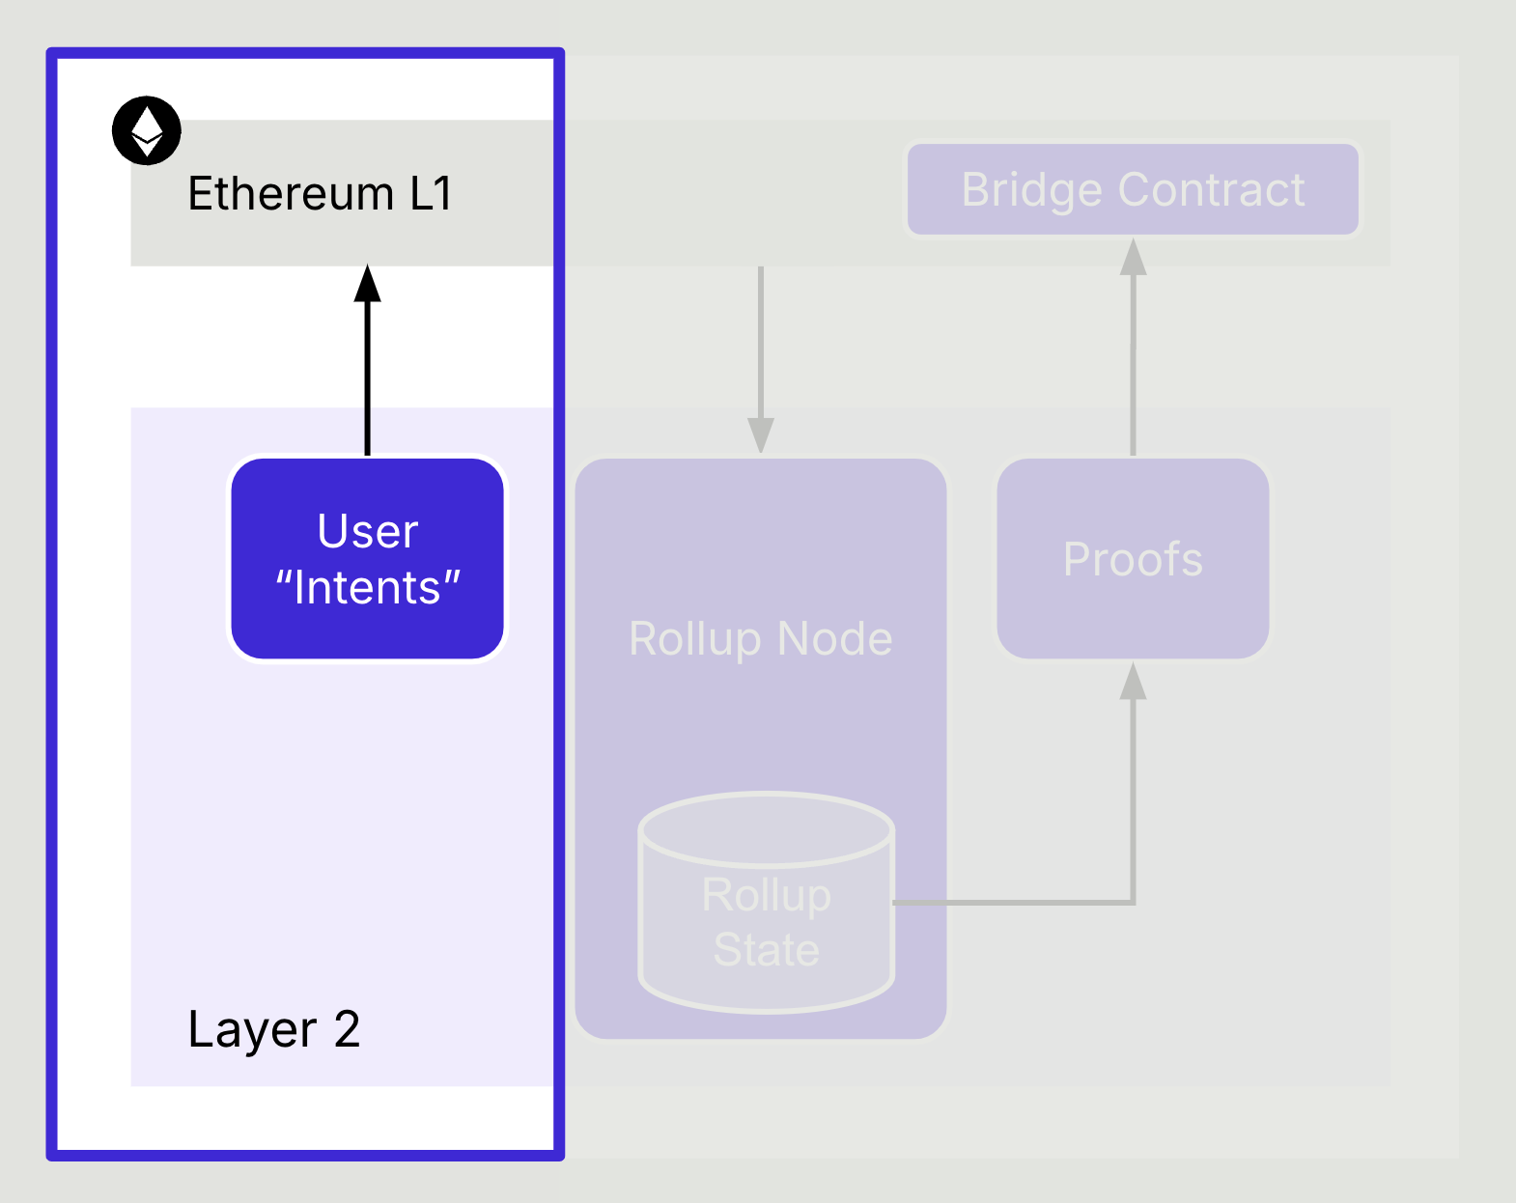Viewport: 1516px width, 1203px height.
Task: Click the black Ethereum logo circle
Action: (147, 130)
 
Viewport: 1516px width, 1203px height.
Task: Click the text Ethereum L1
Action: (320, 193)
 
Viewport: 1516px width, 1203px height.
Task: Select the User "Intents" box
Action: (367, 558)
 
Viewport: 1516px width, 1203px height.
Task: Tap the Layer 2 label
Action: (274, 1030)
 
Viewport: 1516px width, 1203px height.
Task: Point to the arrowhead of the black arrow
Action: (367, 283)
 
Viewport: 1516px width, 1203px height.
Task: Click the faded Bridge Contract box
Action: (1133, 189)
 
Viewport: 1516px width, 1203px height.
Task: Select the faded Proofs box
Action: (1133, 558)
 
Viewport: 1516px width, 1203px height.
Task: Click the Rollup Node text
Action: (761, 639)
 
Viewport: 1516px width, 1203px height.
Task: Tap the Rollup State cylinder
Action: (767, 903)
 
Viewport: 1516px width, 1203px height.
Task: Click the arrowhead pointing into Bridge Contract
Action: (1133, 257)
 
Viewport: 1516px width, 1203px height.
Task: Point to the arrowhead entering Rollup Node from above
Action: (761, 434)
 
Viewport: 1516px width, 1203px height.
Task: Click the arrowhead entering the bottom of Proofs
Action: (1133, 681)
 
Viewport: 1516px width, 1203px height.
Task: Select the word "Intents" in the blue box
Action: (368, 587)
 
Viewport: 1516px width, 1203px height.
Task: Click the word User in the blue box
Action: (368, 530)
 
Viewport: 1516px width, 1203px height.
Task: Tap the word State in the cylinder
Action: (767, 949)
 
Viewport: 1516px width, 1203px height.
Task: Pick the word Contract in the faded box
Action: (1212, 189)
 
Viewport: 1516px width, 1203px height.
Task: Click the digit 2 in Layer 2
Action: (347, 1029)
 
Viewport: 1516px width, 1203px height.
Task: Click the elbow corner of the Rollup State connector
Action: (1133, 902)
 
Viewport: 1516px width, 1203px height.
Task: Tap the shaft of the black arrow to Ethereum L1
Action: (367, 378)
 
